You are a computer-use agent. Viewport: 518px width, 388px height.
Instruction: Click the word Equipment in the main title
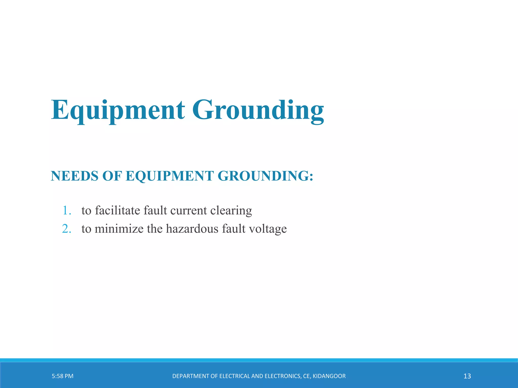(118, 110)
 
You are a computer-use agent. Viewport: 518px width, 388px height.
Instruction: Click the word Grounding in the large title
(258, 110)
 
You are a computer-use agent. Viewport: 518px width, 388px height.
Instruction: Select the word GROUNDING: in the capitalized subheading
(266, 176)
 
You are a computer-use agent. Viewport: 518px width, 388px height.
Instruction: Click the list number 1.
(66, 210)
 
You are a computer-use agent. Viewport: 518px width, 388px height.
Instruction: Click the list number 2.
(66, 229)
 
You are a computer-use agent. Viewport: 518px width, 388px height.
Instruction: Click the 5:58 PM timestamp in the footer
(62, 376)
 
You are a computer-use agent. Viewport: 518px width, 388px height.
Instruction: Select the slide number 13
(467, 376)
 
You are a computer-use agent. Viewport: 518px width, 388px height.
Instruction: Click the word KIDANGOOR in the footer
(329, 376)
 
